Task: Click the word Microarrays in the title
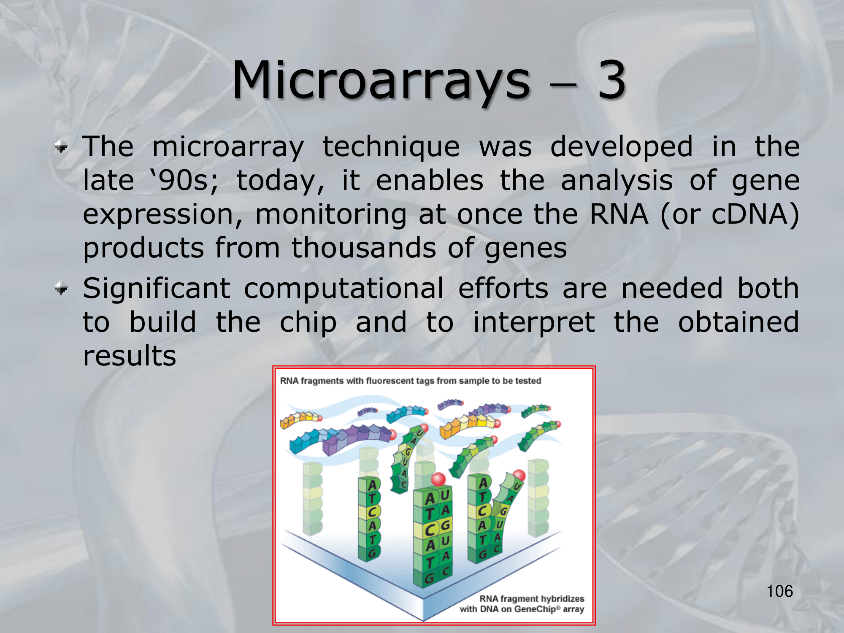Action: click(x=381, y=82)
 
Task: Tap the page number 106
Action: click(x=780, y=591)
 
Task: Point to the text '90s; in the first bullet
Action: click(x=185, y=181)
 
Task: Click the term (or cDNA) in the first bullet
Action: click(x=730, y=215)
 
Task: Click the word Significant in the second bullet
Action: click(x=157, y=290)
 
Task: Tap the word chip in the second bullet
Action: click(x=308, y=323)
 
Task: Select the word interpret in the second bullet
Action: click(x=534, y=323)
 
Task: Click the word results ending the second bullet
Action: click(x=130, y=356)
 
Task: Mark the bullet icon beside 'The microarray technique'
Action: click(x=62, y=147)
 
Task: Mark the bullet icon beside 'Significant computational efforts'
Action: click(x=62, y=289)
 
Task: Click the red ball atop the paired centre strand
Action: click(x=438, y=479)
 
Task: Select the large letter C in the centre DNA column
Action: click(x=430, y=530)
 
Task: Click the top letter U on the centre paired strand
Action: click(x=445, y=495)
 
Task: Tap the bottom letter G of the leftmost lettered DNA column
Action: click(x=372, y=553)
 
